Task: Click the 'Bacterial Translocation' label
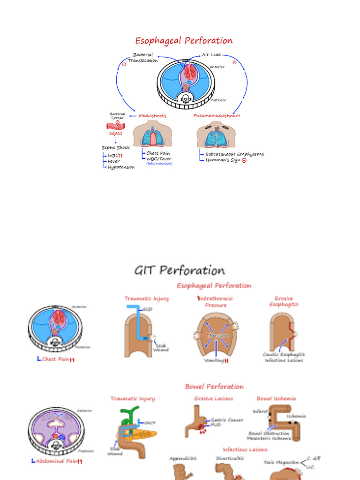[x=143, y=58]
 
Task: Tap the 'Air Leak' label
[x=211, y=55]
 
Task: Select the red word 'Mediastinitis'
[x=152, y=115]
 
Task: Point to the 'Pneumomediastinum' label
[x=217, y=115]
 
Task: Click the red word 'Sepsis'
[x=115, y=134]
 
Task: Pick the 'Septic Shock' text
[x=116, y=148]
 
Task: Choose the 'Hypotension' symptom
[x=121, y=167]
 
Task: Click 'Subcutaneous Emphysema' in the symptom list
[x=234, y=154]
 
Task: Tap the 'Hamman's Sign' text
[x=223, y=160]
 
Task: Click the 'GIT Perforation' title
[x=180, y=270]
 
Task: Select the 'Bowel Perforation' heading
[x=214, y=387]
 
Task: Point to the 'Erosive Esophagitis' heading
[x=284, y=301]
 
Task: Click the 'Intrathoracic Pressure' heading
[x=215, y=301]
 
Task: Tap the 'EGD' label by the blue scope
[x=148, y=309]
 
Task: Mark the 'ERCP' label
[x=150, y=422]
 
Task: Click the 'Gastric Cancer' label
[x=227, y=420]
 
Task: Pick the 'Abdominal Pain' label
[x=59, y=461]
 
